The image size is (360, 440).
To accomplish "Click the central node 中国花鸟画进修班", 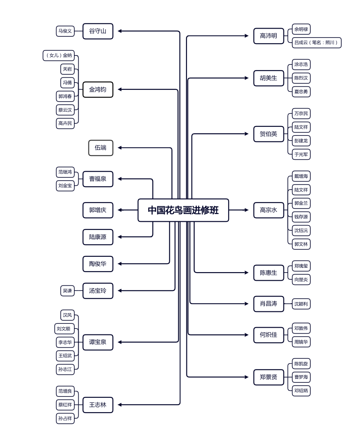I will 183,210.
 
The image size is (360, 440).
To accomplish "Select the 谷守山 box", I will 98,31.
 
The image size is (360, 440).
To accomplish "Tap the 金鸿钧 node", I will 98,90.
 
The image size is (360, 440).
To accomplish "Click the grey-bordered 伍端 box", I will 101,148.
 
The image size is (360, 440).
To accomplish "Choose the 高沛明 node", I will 269,36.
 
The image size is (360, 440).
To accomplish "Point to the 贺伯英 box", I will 269,134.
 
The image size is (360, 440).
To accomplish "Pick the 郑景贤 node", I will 269,377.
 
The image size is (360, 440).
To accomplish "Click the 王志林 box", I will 98,405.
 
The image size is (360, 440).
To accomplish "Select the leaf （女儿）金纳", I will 59,56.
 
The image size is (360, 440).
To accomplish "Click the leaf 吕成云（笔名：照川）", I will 316,43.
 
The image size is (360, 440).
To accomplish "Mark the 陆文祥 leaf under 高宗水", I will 301,190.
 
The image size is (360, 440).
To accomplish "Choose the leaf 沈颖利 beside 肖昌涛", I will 301,304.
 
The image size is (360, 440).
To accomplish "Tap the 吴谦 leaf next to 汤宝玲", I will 68,291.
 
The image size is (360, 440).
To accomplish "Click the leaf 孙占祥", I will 65,418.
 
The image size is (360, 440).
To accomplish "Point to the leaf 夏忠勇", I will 301,91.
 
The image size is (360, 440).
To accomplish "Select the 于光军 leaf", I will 301,155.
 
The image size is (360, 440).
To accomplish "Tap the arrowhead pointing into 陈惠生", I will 246,273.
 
